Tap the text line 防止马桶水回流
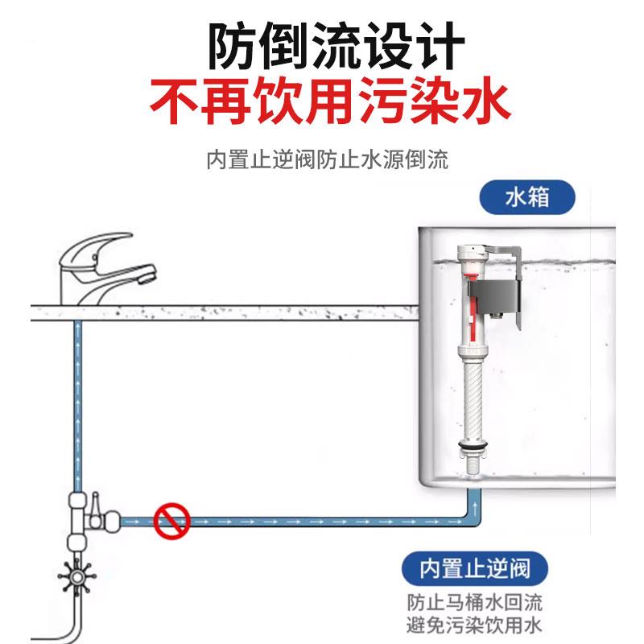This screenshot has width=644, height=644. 475,602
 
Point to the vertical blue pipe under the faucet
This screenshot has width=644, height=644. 77,402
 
